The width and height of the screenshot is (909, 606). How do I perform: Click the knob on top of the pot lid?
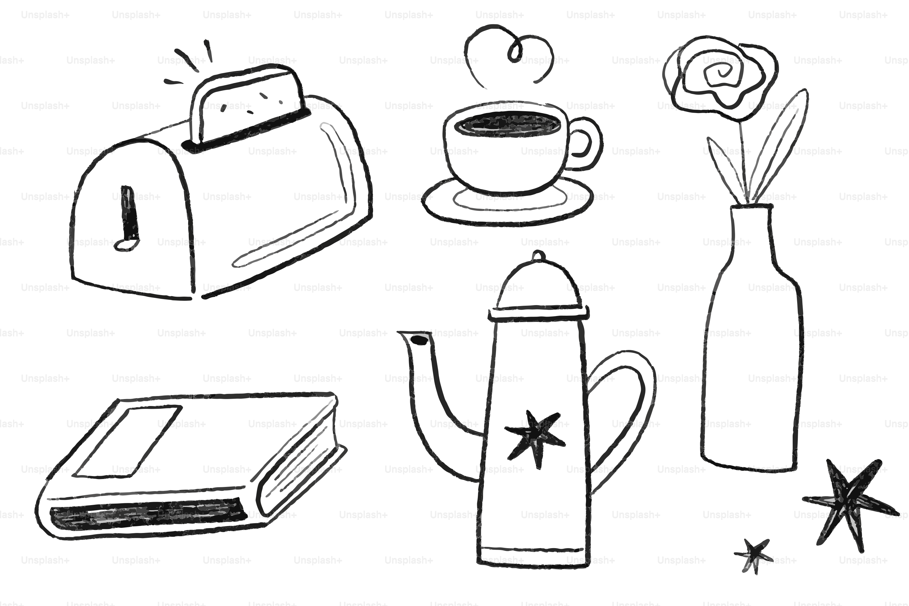(x=538, y=256)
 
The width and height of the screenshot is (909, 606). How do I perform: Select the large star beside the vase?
(x=846, y=502)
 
